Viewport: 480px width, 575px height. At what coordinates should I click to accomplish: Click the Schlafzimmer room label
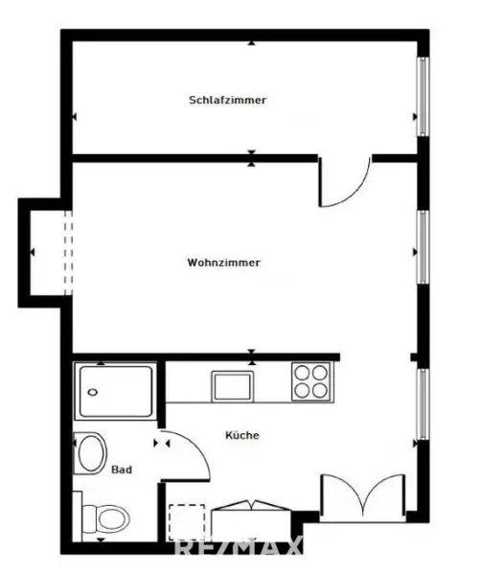[x=227, y=100]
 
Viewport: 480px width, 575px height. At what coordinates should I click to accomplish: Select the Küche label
[x=242, y=435]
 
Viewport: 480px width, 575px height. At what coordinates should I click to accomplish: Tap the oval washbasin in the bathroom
[x=91, y=452]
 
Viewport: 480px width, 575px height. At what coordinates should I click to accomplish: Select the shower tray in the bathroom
[x=115, y=391]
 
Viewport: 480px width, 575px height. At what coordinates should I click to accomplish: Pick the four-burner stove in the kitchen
[x=310, y=381]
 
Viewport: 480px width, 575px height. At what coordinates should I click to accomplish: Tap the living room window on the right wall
[x=422, y=247]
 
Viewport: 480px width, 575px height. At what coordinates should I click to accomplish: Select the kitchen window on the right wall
[x=422, y=405]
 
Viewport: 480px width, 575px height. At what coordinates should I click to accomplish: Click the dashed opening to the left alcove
[x=66, y=248]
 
